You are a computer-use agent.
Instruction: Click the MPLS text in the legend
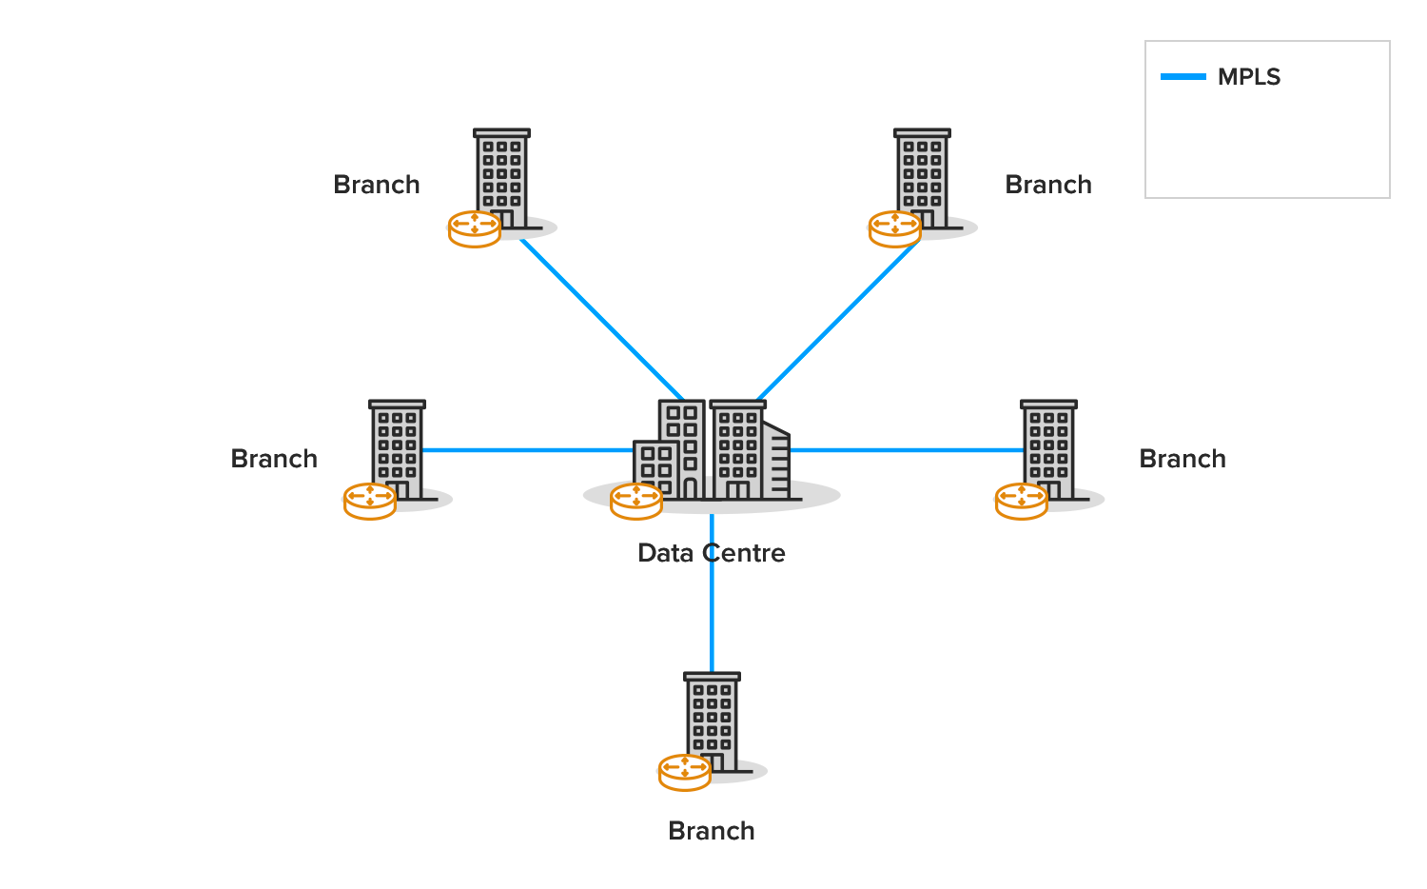coord(1249,77)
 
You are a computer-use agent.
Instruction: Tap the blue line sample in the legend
coord(1183,77)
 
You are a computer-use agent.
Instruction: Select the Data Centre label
coord(711,553)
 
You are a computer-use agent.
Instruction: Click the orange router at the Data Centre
coord(636,501)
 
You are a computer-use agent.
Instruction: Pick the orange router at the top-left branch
coord(475,228)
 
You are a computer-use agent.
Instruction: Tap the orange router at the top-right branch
coord(895,228)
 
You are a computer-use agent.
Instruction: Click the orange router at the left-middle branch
coord(370,501)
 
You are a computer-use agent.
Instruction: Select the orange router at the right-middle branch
coord(1022,501)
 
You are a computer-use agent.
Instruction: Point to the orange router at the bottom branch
coord(685,772)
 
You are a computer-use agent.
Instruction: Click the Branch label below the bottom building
coord(711,831)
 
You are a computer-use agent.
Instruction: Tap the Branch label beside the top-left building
coord(376,185)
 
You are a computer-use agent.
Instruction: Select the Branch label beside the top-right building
coord(1048,185)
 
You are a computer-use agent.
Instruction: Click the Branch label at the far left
coord(274,459)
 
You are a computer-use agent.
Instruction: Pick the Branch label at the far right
coord(1183,459)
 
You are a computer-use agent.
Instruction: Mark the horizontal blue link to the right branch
coord(904,450)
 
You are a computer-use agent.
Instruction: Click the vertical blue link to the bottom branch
coord(712,619)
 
